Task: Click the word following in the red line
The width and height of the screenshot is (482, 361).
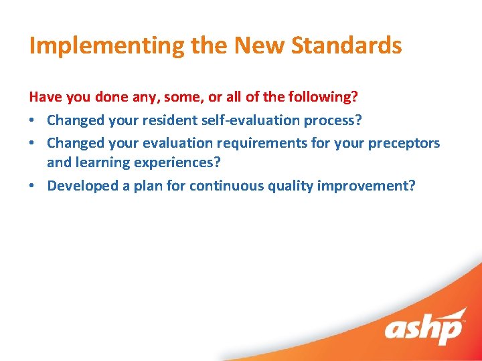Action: click(x=319, y=97)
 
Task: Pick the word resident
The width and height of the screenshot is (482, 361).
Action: click(x=165, y=120)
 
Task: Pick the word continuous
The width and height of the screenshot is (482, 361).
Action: click(x=224, y=186)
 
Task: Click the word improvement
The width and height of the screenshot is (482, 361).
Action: click(x=368, y=186)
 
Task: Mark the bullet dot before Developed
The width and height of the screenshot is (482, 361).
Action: click(x=33, y=186)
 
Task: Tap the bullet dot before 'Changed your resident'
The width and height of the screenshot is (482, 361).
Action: click(x=33, y=120)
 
